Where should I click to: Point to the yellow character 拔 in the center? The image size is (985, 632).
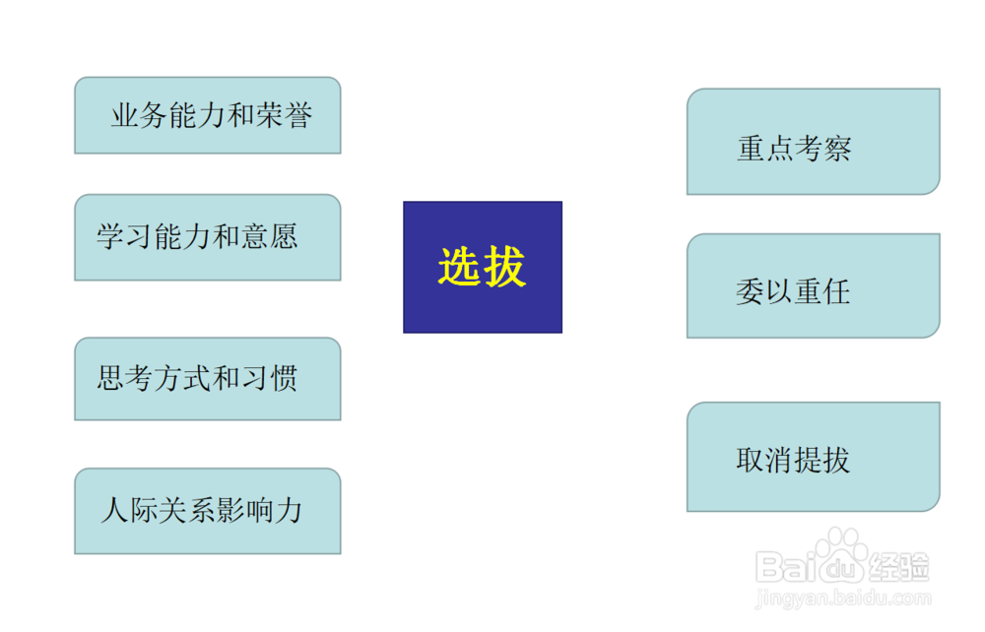pos(506,267)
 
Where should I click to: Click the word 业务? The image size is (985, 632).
pos(140,116)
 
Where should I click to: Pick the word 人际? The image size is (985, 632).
pos(128,510)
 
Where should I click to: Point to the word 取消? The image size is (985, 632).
pos(764,460)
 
